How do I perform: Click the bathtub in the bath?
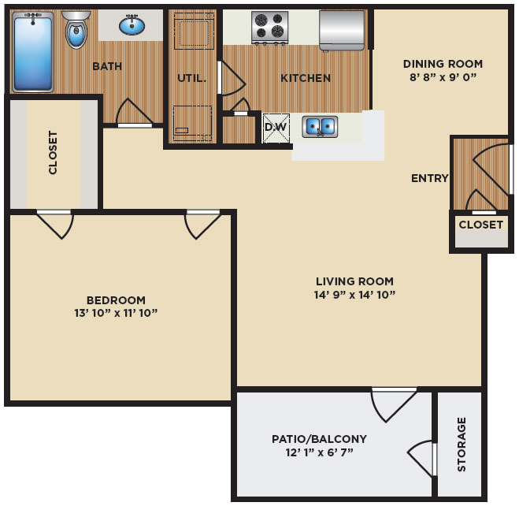[x=33, y=52]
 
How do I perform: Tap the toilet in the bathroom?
[x=76, y=29]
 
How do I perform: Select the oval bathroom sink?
[x=132, y=25]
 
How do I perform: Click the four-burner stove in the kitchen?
[x=270, y=28]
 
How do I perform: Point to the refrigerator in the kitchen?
[x=342, y=31]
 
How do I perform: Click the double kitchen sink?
[x=320, y=127]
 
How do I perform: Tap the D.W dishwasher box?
[x=276, y=128]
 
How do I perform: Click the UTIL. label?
[x=191, y=79]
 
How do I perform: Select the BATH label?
[x=107, y=66]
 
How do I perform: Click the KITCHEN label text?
[x=306, y=78]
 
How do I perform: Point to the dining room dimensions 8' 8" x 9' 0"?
[x=443, y=77]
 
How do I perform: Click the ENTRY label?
[x=430, y=178]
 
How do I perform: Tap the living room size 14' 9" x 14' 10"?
[x=354, y=295]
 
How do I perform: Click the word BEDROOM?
[x=116, y=300]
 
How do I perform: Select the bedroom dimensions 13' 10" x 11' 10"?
[x=116, y=313]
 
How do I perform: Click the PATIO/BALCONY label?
[x=319, y=439]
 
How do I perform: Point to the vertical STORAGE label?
[x=462, y=444]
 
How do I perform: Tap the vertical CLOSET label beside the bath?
[x=53, y=152]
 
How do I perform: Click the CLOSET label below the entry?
[x=481, y=225]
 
